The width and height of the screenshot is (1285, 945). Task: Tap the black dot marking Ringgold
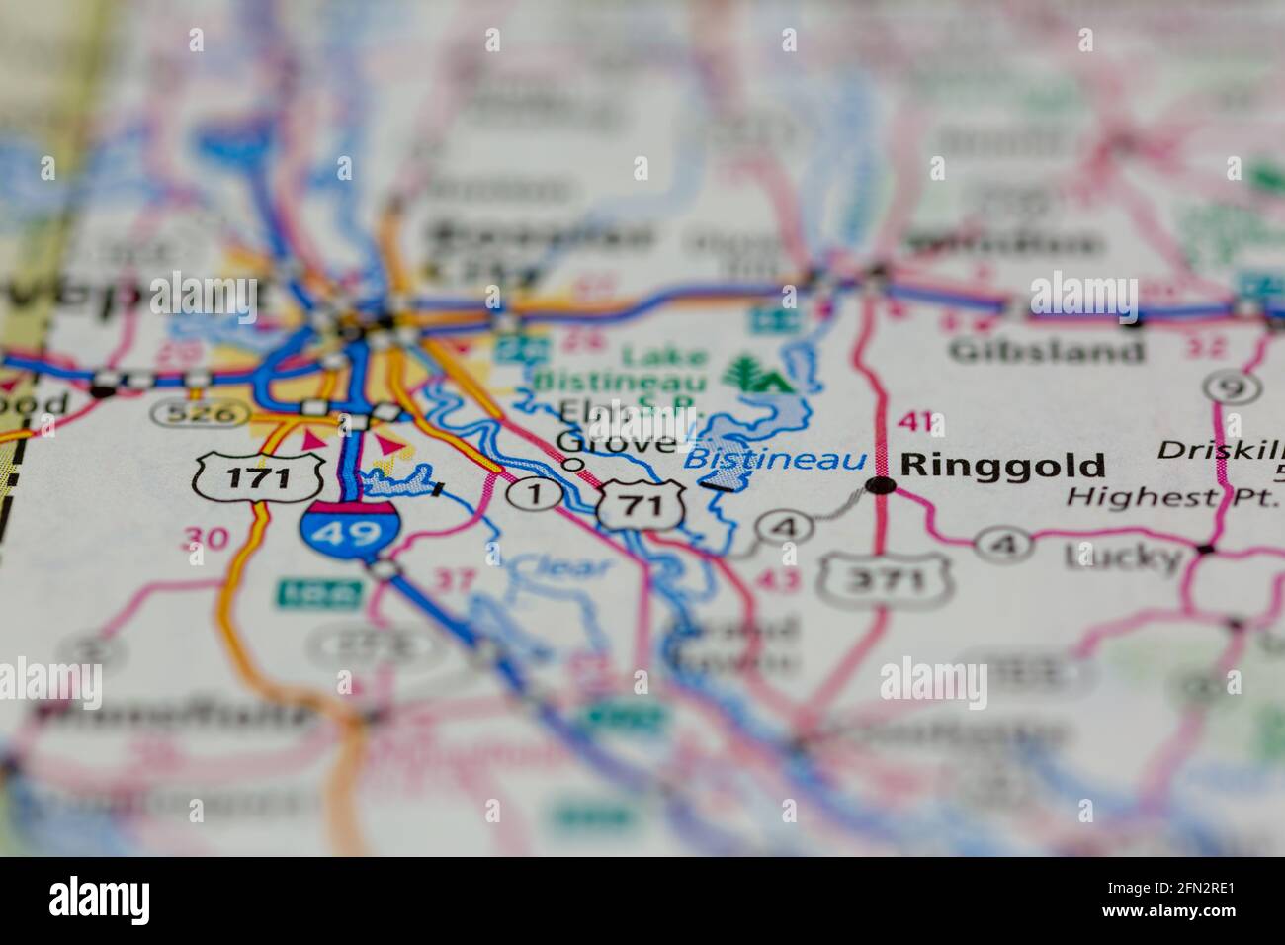[881, 485]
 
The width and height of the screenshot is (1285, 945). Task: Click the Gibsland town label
[1047, 349]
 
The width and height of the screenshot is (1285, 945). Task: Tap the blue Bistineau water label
[775, 460]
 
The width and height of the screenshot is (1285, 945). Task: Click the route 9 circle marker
[1232, 387]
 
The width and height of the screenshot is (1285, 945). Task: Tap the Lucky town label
[1123, 558]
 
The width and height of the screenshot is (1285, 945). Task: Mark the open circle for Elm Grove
[572, 463]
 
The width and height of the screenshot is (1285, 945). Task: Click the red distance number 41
[914, 422]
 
